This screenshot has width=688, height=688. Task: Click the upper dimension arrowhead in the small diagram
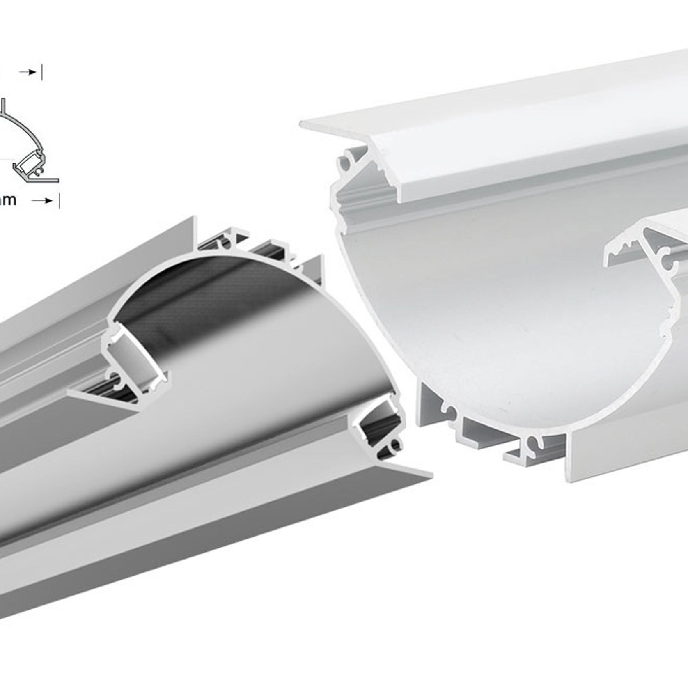(32, 72)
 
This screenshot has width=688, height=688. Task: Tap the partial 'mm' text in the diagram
(8, 200)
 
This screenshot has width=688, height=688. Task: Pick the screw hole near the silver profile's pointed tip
(395, 444)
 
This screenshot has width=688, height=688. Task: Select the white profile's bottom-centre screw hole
(534, 442)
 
